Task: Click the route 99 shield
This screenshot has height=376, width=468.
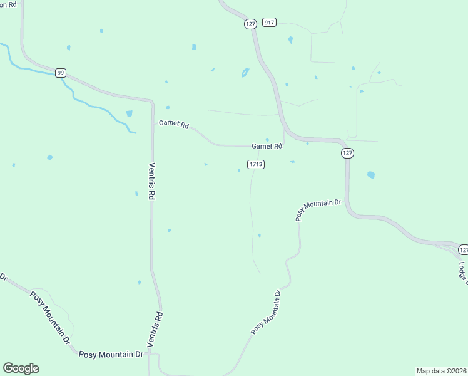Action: click(x=60, y=73)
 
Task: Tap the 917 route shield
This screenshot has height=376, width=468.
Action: click(x=269, y=22)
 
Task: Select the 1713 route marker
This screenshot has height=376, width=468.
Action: click(x=255, y=164)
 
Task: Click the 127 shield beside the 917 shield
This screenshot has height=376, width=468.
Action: click(x=250, y=24)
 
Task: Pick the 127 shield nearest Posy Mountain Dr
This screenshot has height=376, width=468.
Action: click(x=348, y=153)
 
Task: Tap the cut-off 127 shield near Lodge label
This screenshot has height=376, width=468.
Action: click(x=463, y=249)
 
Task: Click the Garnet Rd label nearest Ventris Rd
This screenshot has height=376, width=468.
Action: click(x=173, y=125)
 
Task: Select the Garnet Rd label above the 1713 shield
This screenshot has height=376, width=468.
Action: click(x=267, y=146)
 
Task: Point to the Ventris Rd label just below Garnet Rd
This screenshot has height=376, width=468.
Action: click(x=151, y=181)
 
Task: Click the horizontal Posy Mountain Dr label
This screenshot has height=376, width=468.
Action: click(x=111, y=355)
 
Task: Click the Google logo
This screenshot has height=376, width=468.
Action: click(x=21, y=368)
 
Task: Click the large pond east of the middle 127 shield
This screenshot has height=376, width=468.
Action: click(x=371, y=175)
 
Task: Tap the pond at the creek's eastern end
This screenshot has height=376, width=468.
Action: click(x=129, y=114)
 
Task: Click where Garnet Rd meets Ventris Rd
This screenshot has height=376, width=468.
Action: click(x=153, y=123)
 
